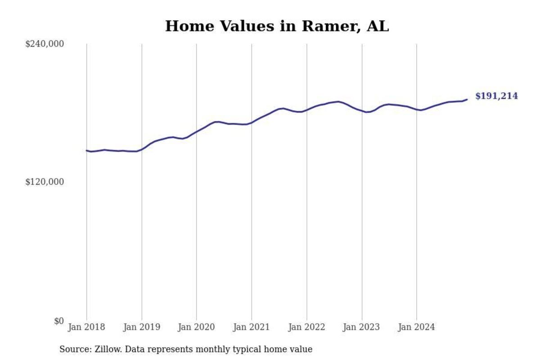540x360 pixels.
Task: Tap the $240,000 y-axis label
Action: [x=45, y=44]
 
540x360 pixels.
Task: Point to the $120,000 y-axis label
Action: [x=45, y=182]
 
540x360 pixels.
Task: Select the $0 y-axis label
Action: [x=59, y=321]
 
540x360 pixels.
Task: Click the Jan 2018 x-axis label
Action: [x=86, y=327]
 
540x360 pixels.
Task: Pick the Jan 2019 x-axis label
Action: [x=142, y=327]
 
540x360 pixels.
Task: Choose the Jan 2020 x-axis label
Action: [x=197, y=327]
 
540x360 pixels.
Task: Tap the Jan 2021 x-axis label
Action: [x=252, y=327]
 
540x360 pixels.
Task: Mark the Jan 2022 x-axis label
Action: [x=307, y=327]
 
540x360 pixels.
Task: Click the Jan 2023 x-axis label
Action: [x=362, y=327]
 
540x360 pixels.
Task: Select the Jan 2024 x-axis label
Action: [x=417, y=327]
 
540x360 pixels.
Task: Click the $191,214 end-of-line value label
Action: [x=496, y=96]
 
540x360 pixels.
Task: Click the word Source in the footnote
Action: [x=74, y=349]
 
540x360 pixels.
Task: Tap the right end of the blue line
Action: [x=467, y=99]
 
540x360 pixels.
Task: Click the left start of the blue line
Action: [x=86, y=151]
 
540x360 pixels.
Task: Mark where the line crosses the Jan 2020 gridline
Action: [x=197, y=131]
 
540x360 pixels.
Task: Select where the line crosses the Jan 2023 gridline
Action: [x=362, y=111]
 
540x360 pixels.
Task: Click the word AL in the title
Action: [x=378, y=26]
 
